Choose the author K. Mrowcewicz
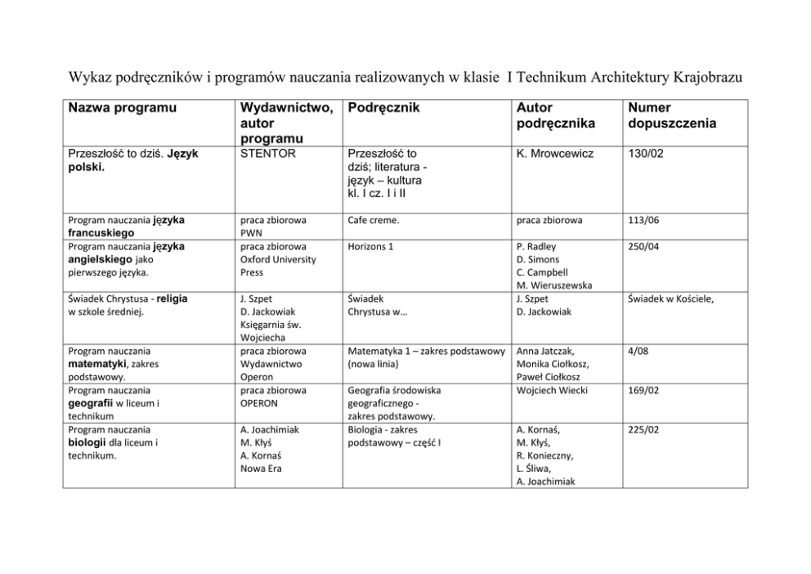coord(556,153)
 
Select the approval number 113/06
coord(642,220)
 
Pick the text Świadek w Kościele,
coord(670,298)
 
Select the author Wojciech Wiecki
coord(553,390)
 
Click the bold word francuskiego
coord(101,233)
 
